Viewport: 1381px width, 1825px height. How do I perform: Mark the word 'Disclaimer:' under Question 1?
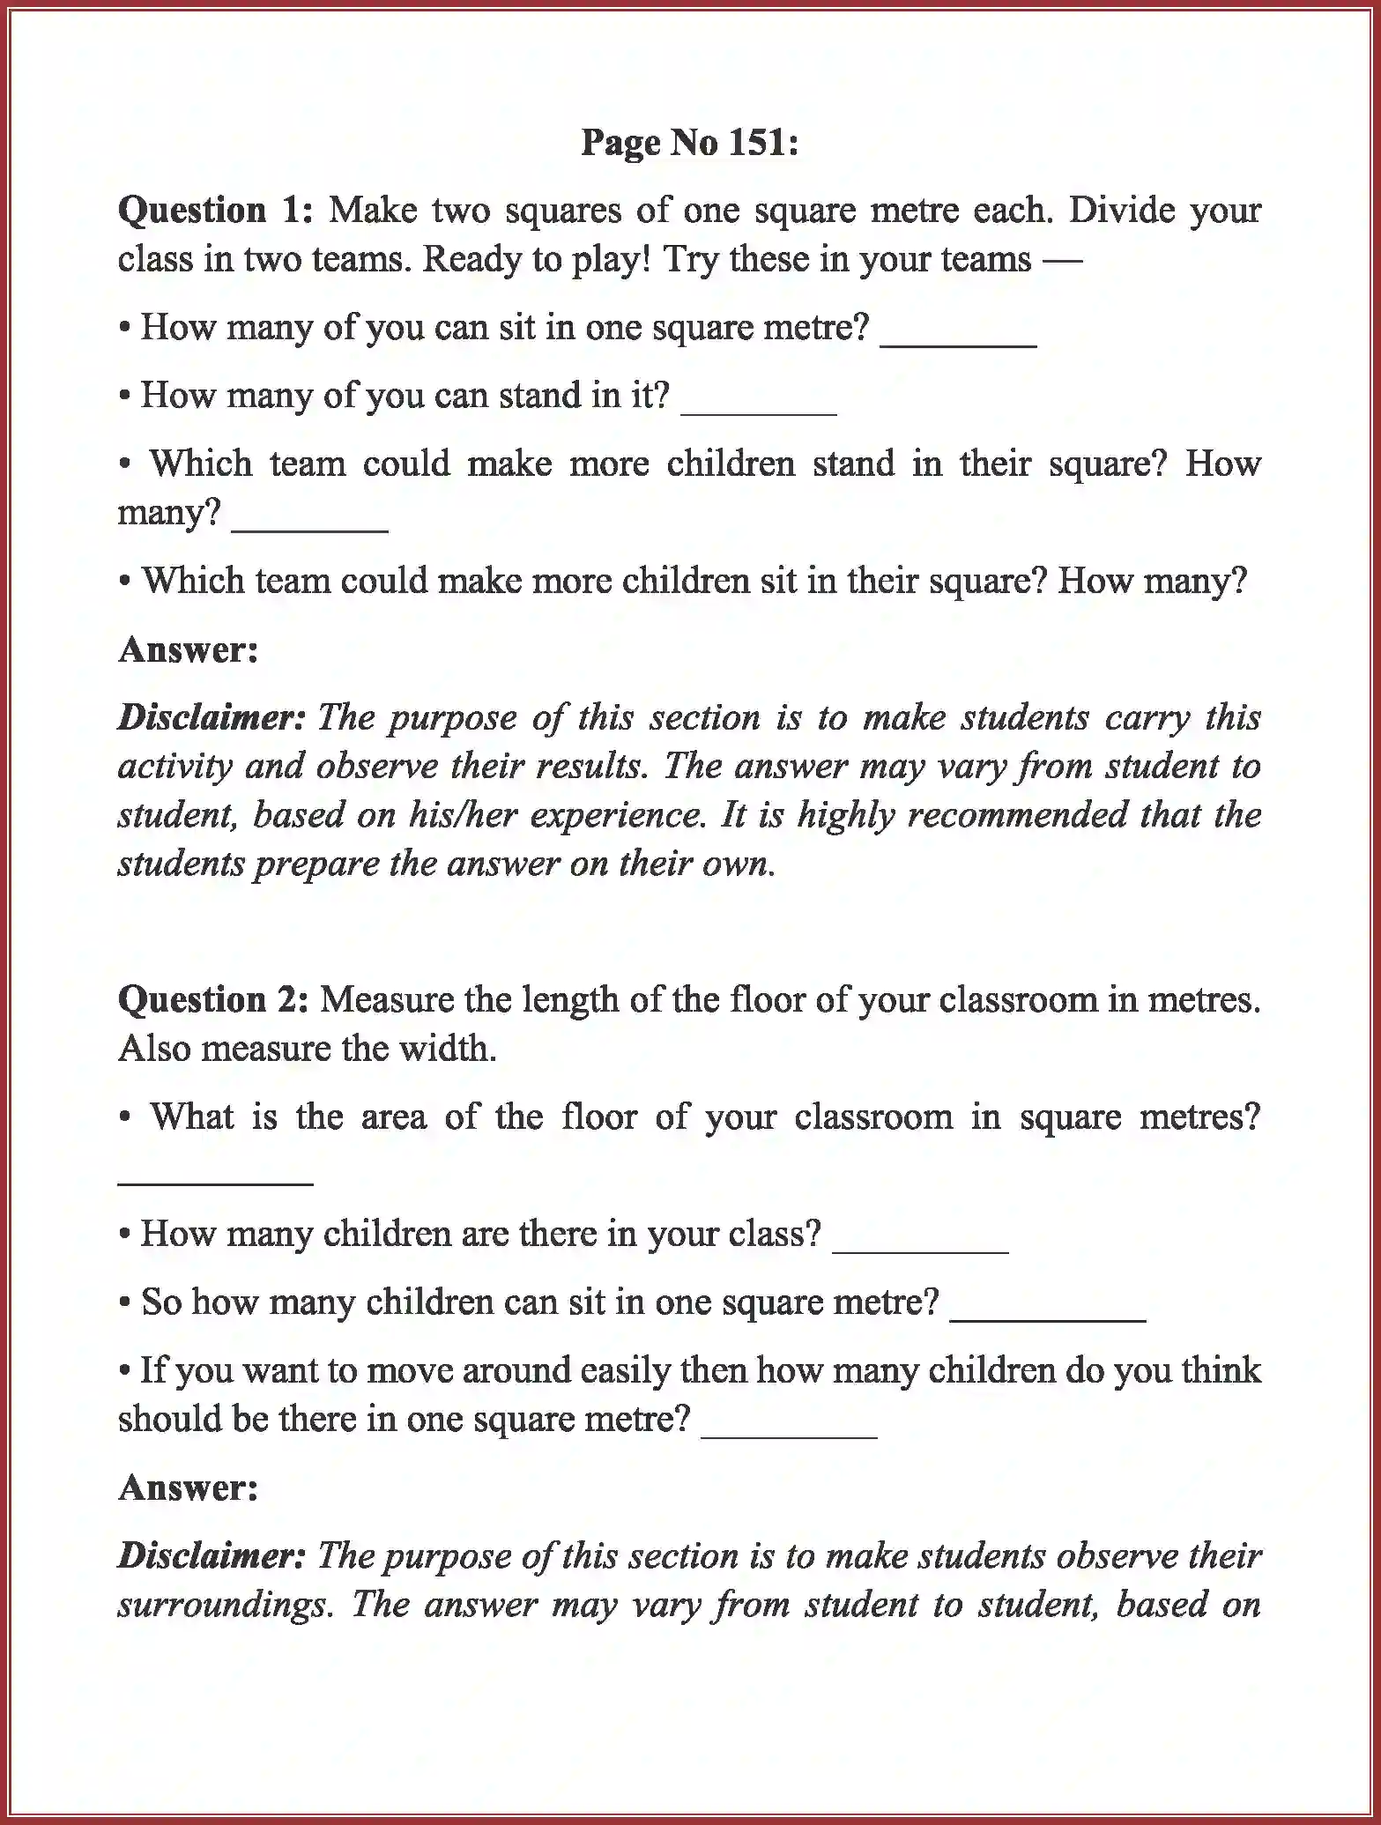[x=212, y=718]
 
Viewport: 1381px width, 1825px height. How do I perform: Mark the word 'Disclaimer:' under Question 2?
[x=212, y=1556]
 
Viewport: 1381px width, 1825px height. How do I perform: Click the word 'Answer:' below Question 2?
[x=189, y=1488]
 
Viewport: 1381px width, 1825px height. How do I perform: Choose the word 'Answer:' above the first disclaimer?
[x=189, y=650]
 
